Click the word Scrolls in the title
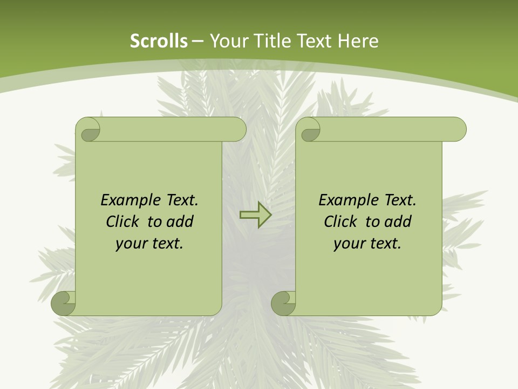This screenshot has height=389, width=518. pos(159,41)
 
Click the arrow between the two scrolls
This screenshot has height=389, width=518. pos(255,215)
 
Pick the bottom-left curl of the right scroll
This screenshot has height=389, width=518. pos(284,303)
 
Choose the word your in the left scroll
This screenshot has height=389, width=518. pos(129,244)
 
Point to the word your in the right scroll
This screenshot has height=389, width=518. pos(347,244)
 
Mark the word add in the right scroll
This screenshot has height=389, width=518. pos(398,222)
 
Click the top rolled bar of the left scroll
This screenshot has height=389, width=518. pos(173,129)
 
